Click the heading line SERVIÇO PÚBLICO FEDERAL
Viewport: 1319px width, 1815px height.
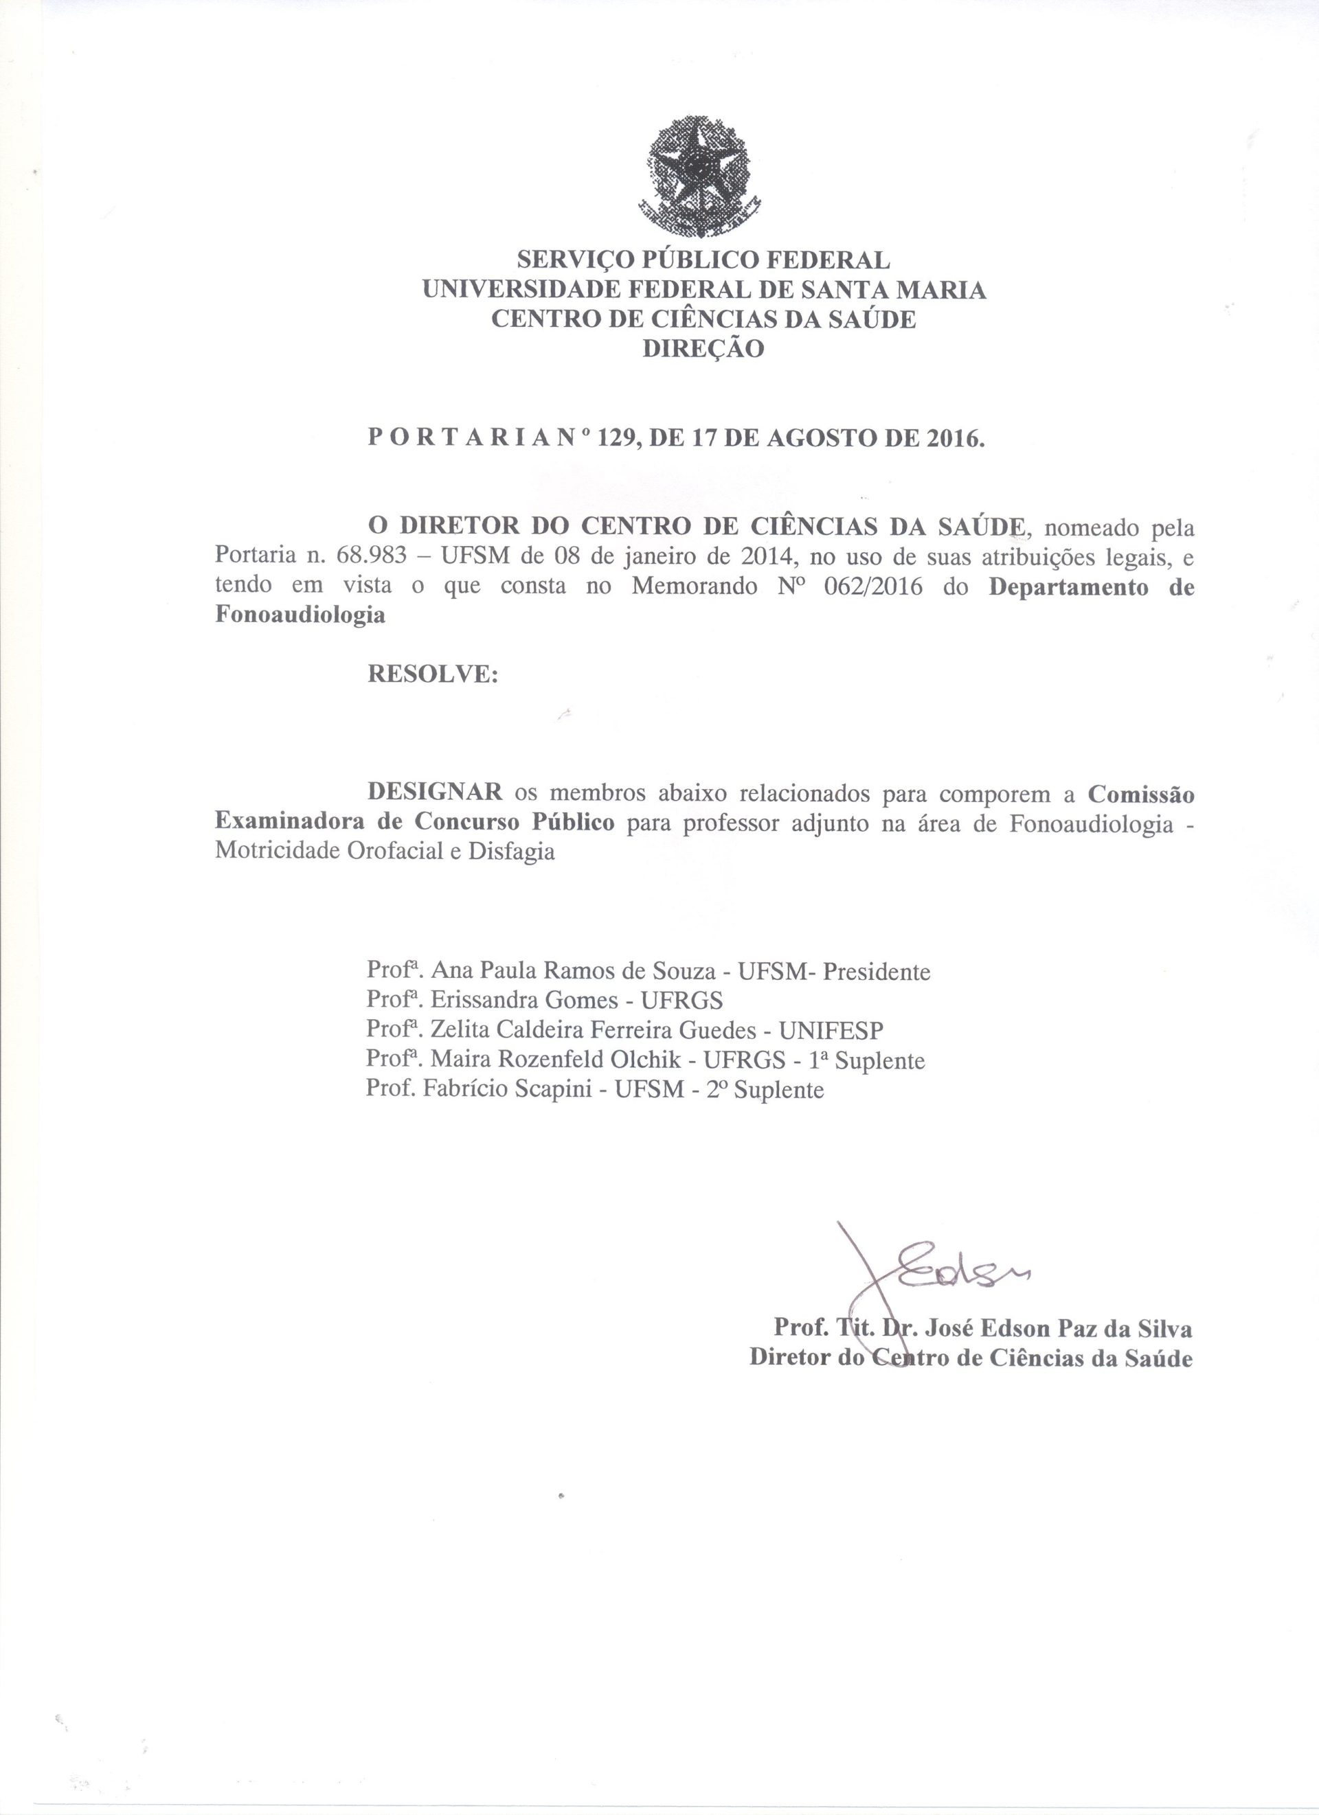[x=703, y=260]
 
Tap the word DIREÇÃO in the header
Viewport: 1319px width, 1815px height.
[x=703, y=349]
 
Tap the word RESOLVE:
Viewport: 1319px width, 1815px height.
[x=432, y=674]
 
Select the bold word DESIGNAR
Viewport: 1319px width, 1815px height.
[x=435, y=793]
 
